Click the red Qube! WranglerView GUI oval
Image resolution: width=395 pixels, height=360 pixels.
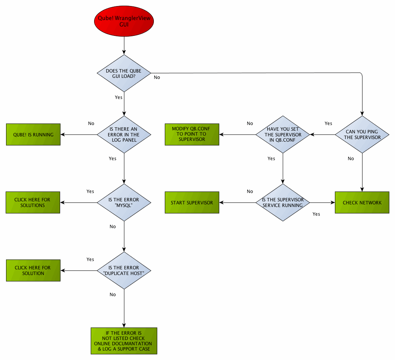point(124,21)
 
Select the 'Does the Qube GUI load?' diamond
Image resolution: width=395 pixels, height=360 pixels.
point(124,73)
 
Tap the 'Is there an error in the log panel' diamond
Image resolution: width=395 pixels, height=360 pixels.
point(124,134)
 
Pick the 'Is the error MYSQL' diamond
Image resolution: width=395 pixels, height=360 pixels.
point(124,202)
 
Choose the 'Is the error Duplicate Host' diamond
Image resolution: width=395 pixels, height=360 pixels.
point(124,270)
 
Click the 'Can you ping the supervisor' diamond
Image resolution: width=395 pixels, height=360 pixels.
point(362,134)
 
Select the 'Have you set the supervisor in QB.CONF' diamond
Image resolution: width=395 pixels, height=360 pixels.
point(283,134)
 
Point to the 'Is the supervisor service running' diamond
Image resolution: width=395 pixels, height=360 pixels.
point(283,202)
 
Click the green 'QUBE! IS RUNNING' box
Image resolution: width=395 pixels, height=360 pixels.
point(33,134)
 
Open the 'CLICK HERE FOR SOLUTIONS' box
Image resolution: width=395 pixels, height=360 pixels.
point(33,202)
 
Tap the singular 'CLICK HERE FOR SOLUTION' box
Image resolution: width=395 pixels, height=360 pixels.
point(33,270)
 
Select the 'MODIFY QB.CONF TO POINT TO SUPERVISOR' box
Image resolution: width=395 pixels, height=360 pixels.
point(192,134)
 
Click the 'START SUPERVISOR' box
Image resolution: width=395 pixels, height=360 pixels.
point(192,202)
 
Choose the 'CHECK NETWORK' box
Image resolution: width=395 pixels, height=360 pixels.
point(362,202)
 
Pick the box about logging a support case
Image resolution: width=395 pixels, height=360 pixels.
point(124,341)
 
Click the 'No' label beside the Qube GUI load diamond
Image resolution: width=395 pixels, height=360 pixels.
point(157,77)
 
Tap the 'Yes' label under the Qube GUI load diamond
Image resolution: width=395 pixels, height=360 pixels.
point(118,97)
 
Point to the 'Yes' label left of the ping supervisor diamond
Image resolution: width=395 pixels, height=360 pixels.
point(328,124)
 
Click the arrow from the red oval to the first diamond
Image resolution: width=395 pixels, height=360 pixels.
point(124,46)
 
